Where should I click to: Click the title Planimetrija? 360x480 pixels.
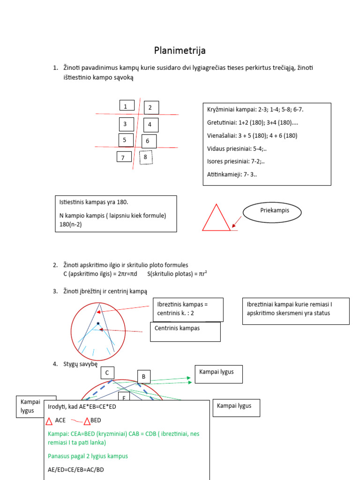point(180,50)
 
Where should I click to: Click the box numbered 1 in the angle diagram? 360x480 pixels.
point(127,106)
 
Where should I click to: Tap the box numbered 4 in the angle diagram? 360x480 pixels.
point(150,125)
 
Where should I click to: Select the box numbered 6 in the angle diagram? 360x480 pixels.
point(149,141)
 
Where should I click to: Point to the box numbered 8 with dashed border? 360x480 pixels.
point(146,157)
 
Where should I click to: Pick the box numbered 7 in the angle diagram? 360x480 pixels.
point(124,157)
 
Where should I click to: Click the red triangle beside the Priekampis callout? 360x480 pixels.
point(216,218)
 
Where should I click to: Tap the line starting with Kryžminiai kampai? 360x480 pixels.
point(258,109)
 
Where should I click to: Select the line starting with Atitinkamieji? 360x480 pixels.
point(232,175)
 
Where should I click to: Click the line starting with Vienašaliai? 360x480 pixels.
point(252,135)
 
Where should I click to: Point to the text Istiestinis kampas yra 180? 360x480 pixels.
point(94,202)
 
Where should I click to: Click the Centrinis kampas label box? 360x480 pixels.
point(185,331)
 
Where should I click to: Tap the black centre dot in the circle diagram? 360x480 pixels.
point(98,323)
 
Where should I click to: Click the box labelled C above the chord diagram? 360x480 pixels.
point(107,373)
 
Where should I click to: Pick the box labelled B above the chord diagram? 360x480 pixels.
point(144,376)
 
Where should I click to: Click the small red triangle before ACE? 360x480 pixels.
point(50,420)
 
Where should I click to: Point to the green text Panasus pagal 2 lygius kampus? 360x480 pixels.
point(88,456)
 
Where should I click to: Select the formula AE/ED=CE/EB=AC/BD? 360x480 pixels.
point(76,469)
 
